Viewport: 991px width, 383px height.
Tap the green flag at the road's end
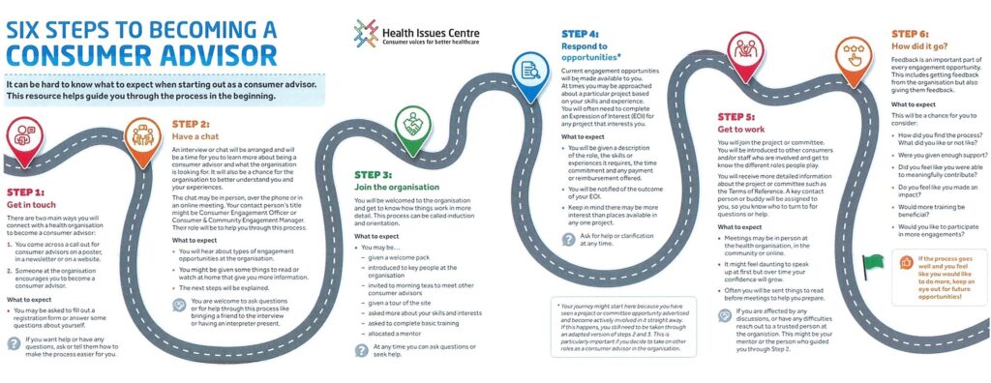[874, 262]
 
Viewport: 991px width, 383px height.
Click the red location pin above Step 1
[24, 135]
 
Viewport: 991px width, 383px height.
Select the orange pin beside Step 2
[142, 133]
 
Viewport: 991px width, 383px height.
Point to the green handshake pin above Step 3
[412, 124]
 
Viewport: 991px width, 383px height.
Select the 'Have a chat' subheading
[199, 136]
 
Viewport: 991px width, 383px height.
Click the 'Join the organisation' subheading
[397, 187]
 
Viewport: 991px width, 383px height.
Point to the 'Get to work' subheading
[742, 128]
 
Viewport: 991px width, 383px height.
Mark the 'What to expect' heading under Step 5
[743, 226]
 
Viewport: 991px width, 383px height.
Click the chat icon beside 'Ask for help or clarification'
[569, 237]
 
